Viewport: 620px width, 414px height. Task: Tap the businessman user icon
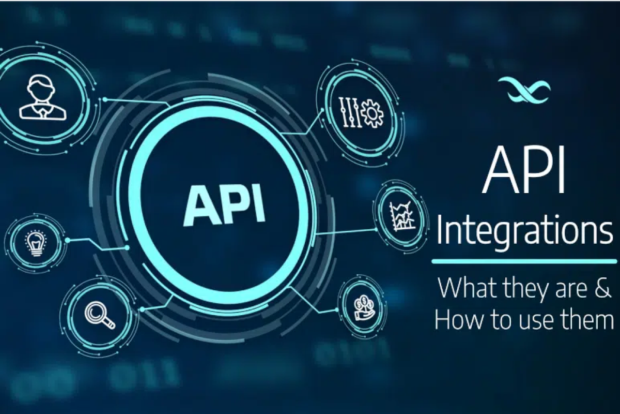click(42, 98)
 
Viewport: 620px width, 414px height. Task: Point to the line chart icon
click(402, 216)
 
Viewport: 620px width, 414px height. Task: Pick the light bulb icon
click(36, 244)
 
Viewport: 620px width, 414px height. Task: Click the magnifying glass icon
click(99, 315)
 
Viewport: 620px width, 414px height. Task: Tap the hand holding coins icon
click(364, 308)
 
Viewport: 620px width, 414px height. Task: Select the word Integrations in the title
click(524, 233)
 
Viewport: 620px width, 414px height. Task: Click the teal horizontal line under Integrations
click(524, 261)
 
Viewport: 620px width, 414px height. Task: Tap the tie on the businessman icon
click(42, 114)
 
